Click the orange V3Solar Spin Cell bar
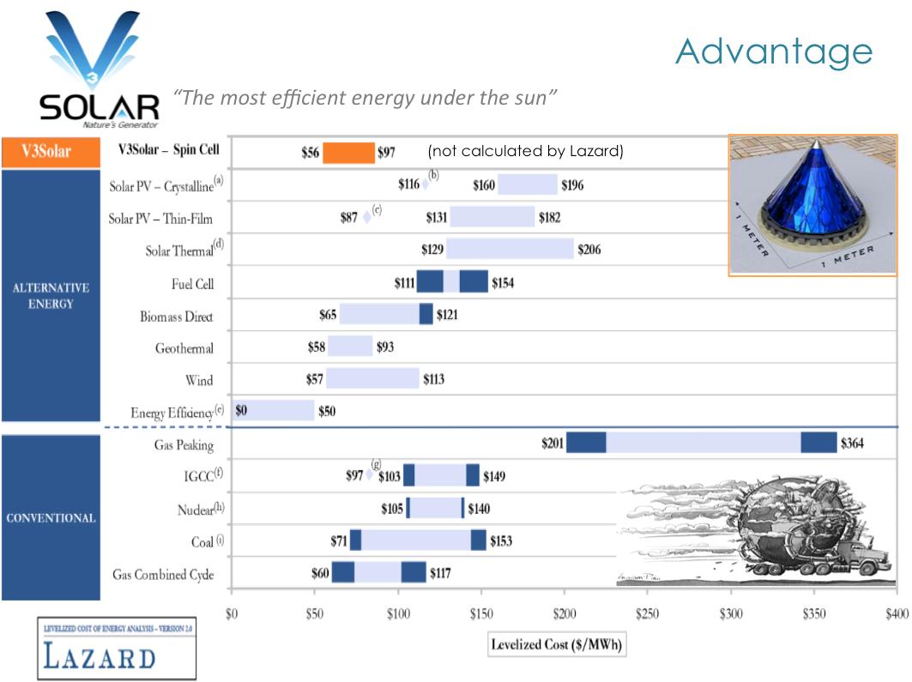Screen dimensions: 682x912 (x=348, y=153)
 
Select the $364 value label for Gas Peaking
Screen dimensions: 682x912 (x=853, y=443)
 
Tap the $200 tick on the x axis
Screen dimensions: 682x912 (x=565, y=614)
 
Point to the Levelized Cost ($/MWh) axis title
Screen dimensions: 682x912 (x=557, y=644)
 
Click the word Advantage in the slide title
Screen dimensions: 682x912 (x=773, y=51)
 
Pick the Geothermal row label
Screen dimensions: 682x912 (x=184, y=348)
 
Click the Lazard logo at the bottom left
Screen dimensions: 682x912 (x=116, y=649)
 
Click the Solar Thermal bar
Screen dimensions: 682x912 (x=510, y=249)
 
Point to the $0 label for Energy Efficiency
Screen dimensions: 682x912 (x=241, y=411)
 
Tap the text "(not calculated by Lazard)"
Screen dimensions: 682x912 (x=524, y=153)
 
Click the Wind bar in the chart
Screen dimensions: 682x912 (x=372, y=378)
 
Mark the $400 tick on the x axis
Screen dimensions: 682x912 (x=896, y=614)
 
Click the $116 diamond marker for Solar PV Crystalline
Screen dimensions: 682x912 (x=426, y=184)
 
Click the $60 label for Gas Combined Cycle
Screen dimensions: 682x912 (x=319, y=572)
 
